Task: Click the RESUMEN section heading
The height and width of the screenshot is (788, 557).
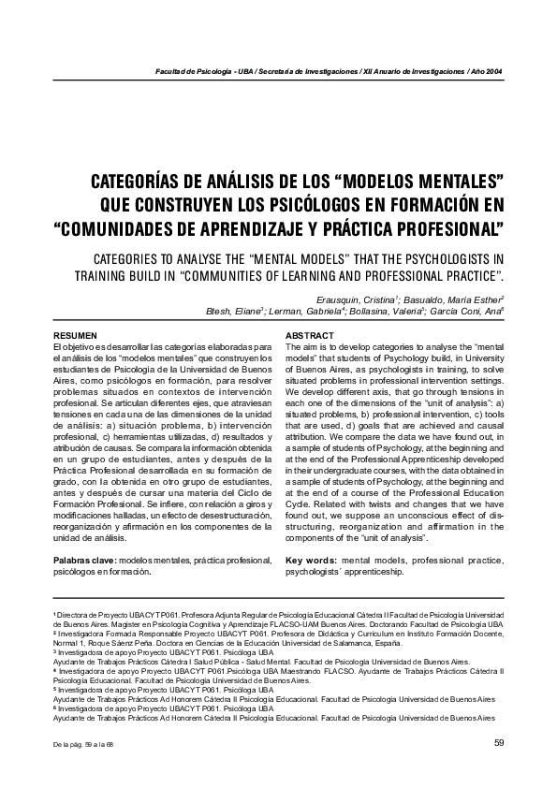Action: pyautogui.click(x=74, y=335)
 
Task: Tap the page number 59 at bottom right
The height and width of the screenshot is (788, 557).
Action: pyautogui.click(x=497, y=743)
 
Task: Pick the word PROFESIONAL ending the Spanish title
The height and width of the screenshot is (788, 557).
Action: pyautogui.click(x=441, y=227)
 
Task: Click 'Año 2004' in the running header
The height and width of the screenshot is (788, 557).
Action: pyautogui.click(x=486, y=72)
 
